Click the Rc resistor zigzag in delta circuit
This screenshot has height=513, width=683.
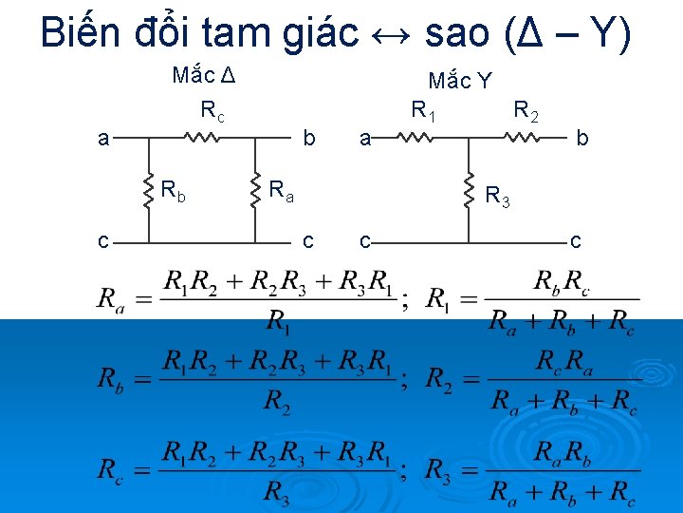(201, 138)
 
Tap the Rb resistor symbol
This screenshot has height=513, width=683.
(149, 190)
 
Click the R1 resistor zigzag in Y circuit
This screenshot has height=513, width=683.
(415, 139)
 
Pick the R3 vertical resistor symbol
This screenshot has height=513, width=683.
(469, 190)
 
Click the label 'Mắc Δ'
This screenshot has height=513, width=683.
(203, 75)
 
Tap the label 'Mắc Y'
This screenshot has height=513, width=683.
(459, 81)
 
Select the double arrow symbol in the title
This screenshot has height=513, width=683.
(389, 36)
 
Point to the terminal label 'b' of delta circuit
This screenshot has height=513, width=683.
(308, 139)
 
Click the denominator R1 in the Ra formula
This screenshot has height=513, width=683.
(278, 321)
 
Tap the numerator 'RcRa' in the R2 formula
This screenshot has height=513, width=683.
(562, 361)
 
